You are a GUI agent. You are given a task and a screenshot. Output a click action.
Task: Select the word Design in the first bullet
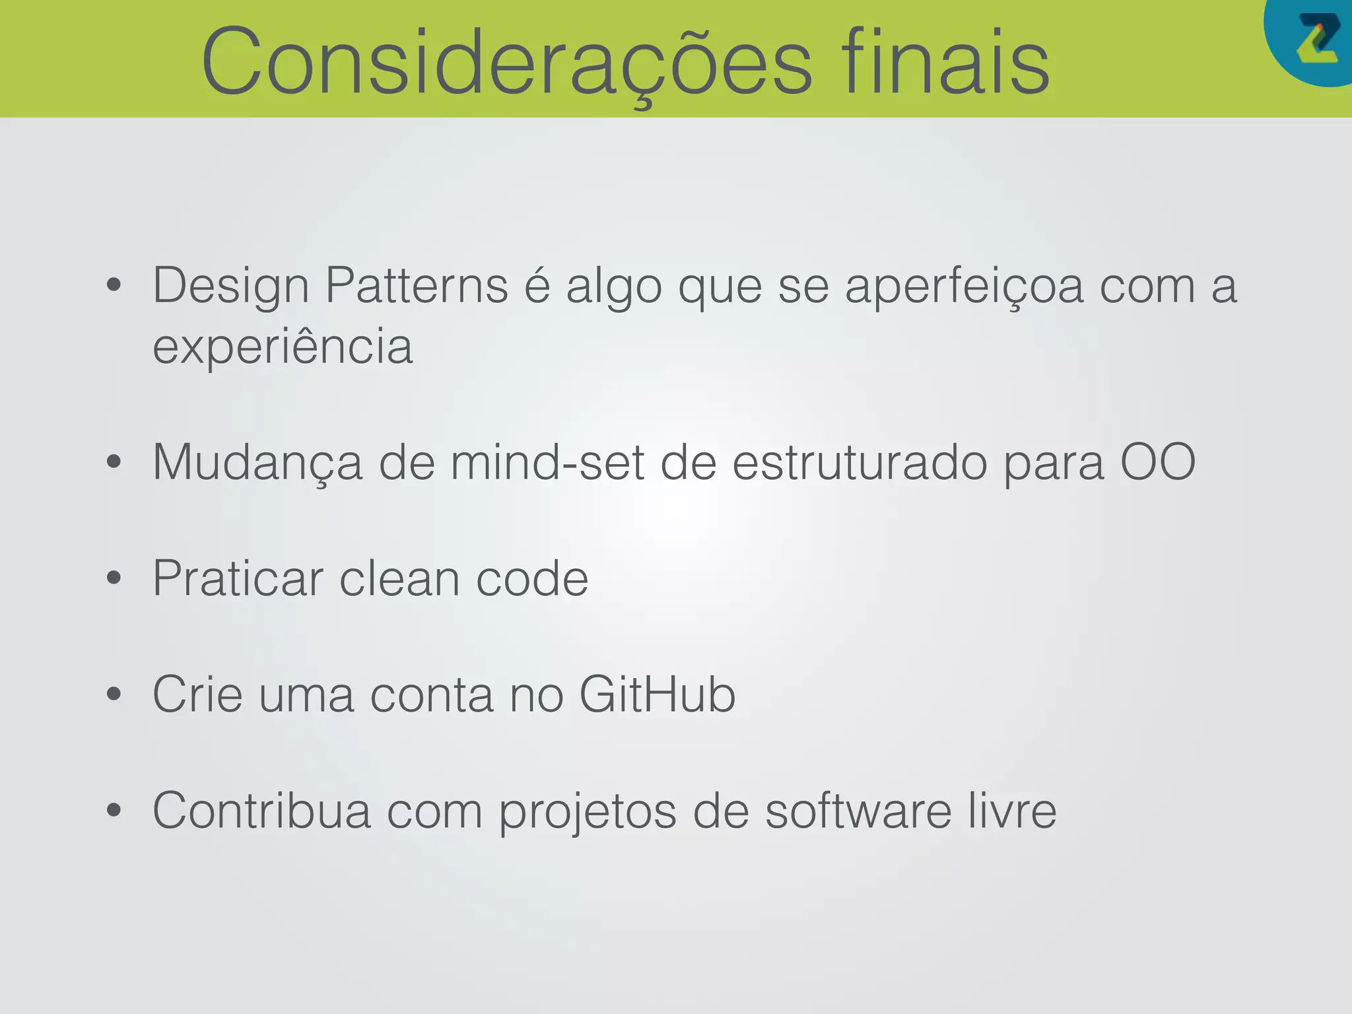pyautogui.click(x=230, y=287)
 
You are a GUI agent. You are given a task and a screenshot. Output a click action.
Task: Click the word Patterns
pyautogui.click(x=417, y=285)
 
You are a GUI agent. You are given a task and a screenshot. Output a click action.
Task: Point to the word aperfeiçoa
pyautogui.click(x=964, y=287)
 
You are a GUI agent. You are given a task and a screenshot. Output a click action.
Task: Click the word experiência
pyautogui.click(x=283, y=346)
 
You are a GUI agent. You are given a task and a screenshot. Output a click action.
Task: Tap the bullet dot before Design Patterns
pyautogui.click(x=114, y=285)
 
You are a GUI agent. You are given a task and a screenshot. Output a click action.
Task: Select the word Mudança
pyautogui.click(x=257, y=462)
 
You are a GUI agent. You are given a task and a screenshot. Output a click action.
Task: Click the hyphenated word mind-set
pyautogui.click(x=547, y=462)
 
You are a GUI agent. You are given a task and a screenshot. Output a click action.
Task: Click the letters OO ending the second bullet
pyautogui.click(x=1158, y=462)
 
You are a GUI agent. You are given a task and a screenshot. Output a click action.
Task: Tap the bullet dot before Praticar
pyautogui.click(x=114, y=578)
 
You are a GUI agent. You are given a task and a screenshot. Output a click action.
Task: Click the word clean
pyautogui.click(x=399, y=578)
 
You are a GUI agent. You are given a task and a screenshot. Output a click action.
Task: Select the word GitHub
pyautogui.click(x=657, y=694)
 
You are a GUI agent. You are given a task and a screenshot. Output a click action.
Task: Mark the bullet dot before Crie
pyautogui.click(x=114, y=694)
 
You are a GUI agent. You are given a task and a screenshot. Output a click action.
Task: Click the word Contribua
pyautogui.click(x=261, y=811)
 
